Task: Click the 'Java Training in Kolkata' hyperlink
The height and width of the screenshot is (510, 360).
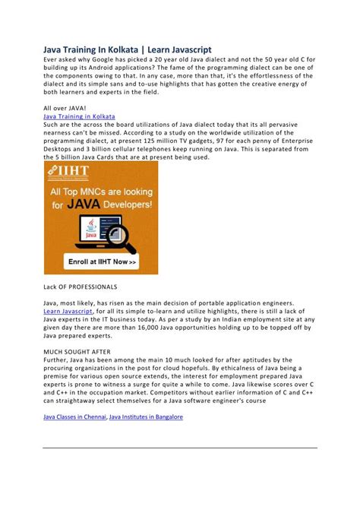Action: coord(79,117)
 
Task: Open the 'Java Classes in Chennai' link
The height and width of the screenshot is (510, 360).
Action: coord(74,417)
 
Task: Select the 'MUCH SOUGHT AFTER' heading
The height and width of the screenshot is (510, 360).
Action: coord(75,351)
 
